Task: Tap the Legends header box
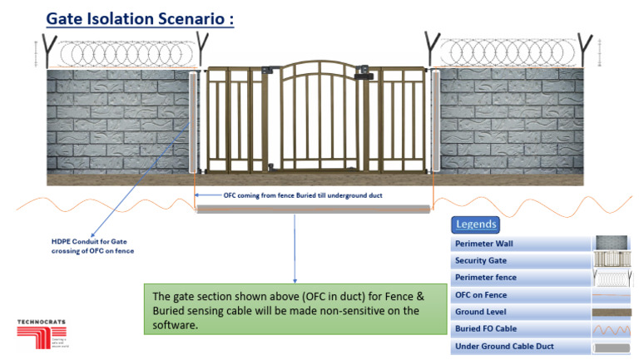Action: point(477,224)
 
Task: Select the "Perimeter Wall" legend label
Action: point(484,244)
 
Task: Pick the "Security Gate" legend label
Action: point(482,261)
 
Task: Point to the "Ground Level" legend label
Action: point(482,312)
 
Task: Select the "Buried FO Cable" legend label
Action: point(487,328)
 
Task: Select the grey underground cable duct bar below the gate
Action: point(313,209)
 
